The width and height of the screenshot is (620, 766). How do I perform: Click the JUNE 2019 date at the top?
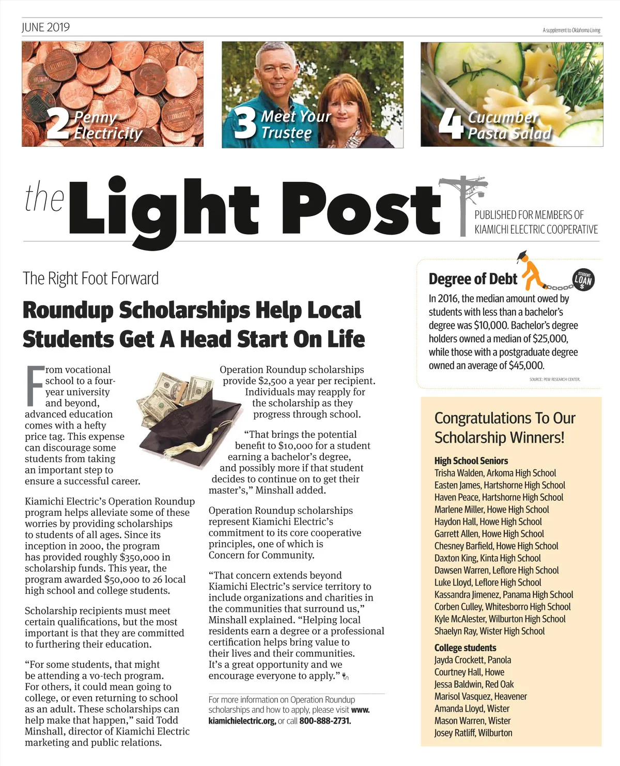tap(45, 27)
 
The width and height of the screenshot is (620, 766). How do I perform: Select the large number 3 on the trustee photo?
tap(245, 124)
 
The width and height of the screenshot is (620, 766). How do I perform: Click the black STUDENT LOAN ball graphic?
tap(583, 280)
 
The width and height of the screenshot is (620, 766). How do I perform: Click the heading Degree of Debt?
tap(473, 279)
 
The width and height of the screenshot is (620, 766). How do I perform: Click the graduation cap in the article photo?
tap(194, 421)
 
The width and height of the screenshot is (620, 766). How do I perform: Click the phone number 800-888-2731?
tap(325, 721)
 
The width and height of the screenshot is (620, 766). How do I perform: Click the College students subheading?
tap(465, 648)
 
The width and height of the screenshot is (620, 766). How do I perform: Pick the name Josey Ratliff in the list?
tap(454, 733)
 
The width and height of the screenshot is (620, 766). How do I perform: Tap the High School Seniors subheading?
tap(471, 461)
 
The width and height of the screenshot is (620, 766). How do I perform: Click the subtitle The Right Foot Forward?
tap(90, 279)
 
